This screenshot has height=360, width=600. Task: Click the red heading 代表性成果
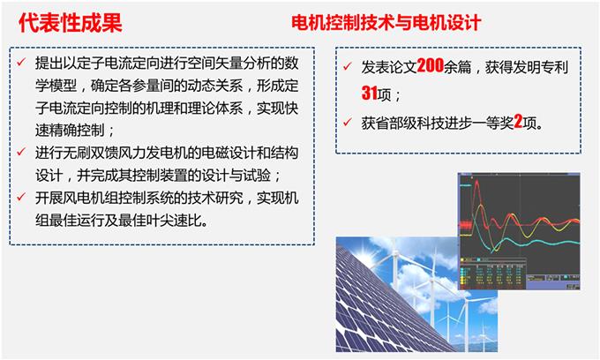pos(71,23)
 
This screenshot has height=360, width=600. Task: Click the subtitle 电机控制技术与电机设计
pos(386,23)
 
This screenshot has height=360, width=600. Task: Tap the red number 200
pos(430,66)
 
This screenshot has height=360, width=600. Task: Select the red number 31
pos(369,93)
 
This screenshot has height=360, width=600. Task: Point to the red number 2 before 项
pos(518,122)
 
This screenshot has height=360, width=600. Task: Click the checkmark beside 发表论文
pos(348,66)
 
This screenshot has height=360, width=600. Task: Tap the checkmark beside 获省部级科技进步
pos(348,123)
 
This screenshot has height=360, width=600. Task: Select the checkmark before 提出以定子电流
pos(21,62)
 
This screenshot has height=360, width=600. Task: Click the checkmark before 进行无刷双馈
pos(21,152)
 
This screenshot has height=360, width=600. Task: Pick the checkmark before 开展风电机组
pos(21,197)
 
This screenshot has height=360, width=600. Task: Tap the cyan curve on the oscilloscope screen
pos(536,242)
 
